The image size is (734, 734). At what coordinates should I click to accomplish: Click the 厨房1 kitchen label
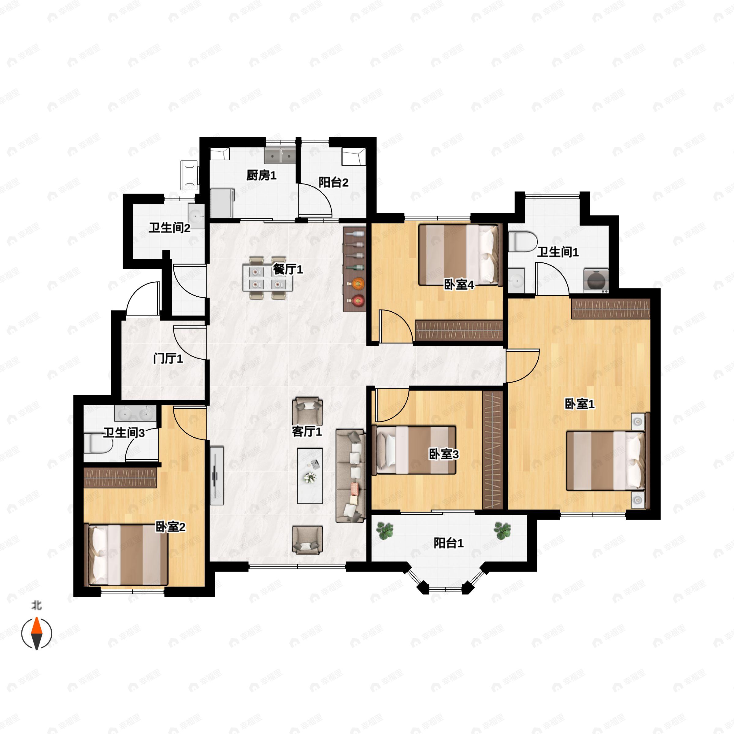[x=261, y=175]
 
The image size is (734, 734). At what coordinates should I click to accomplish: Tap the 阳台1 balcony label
[x=449, y=543]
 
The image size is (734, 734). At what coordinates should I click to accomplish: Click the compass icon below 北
[x=36, y=633]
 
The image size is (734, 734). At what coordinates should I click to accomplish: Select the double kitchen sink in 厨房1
[x=280, y=155]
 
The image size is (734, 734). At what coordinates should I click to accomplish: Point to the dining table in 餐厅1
[x=268, y=278]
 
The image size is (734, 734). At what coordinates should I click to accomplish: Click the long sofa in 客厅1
[x=351, y=476]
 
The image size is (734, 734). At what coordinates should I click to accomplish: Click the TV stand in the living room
[x=217, y=476]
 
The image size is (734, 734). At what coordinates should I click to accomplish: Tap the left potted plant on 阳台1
[x=385, y=530]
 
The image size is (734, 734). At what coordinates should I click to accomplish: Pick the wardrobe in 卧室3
[x=493, y=450]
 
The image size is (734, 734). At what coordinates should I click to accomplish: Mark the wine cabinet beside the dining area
[x=354, y=269]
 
